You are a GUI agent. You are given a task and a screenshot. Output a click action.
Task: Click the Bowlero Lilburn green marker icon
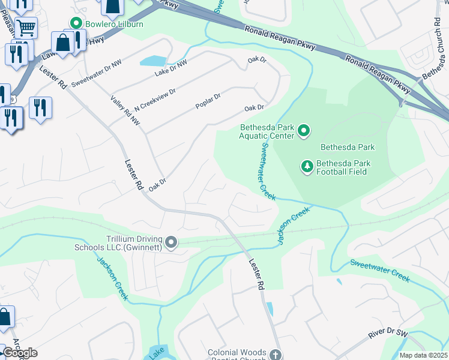[76, 24]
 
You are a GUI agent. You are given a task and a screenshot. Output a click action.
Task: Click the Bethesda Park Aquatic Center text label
[267, 131]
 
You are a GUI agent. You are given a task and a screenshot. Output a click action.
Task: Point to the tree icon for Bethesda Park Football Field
[307, 167]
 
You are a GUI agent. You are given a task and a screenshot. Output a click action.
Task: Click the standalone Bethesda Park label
[347, 147]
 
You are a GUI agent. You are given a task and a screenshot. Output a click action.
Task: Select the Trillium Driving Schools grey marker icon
[172, 242]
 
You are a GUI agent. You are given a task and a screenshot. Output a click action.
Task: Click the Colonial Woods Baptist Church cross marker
[276, 354]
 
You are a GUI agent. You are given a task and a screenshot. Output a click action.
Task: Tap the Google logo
[20, 353]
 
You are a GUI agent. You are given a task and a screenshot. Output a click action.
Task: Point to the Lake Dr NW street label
[171, 68]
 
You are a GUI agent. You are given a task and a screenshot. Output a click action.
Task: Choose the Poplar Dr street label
[208, 101]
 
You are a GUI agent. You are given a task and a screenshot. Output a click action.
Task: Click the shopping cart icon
[25, 27]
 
